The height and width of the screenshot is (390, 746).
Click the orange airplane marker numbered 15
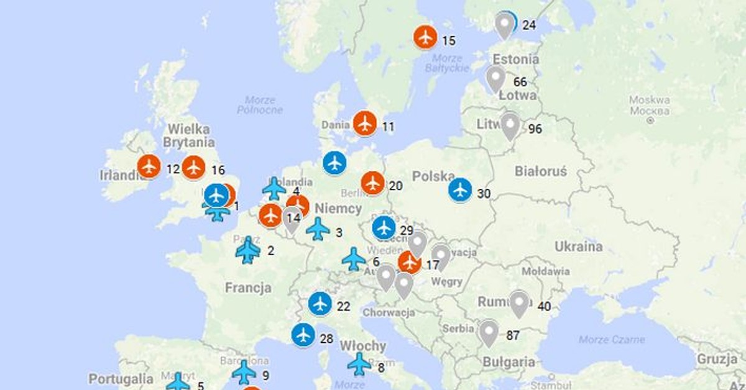(x=426, y=37)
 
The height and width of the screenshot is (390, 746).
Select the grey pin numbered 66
(x=495, y=79)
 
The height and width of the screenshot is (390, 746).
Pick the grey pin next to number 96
(x=510, y=125)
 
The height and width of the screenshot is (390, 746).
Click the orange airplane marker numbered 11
(x=365, y=123)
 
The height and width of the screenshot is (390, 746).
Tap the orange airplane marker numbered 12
(x=149, y=166)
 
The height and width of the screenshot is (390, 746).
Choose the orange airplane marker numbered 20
(x=373, y=183)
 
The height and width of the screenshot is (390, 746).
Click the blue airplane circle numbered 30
(x=460, y=190)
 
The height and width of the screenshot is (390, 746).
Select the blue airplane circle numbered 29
(x=384, y=228)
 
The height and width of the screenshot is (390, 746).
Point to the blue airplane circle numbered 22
(x=320, y=304)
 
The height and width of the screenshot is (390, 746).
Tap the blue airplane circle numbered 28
(x=303, y=335)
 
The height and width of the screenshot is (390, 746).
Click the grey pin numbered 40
(x=519, y=304)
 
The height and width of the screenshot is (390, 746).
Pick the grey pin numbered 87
(x=489, y=332)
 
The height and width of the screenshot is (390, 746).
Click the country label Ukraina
(x=579, y=247)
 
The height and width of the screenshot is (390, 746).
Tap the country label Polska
(x=433, y=177)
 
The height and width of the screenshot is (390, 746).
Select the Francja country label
(x=248, y=288)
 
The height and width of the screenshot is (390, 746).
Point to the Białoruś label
(x=541, y=171)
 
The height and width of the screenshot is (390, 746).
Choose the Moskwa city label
(x=648, y=100)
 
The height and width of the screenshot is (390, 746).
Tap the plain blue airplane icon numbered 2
(x=248, y=250)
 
